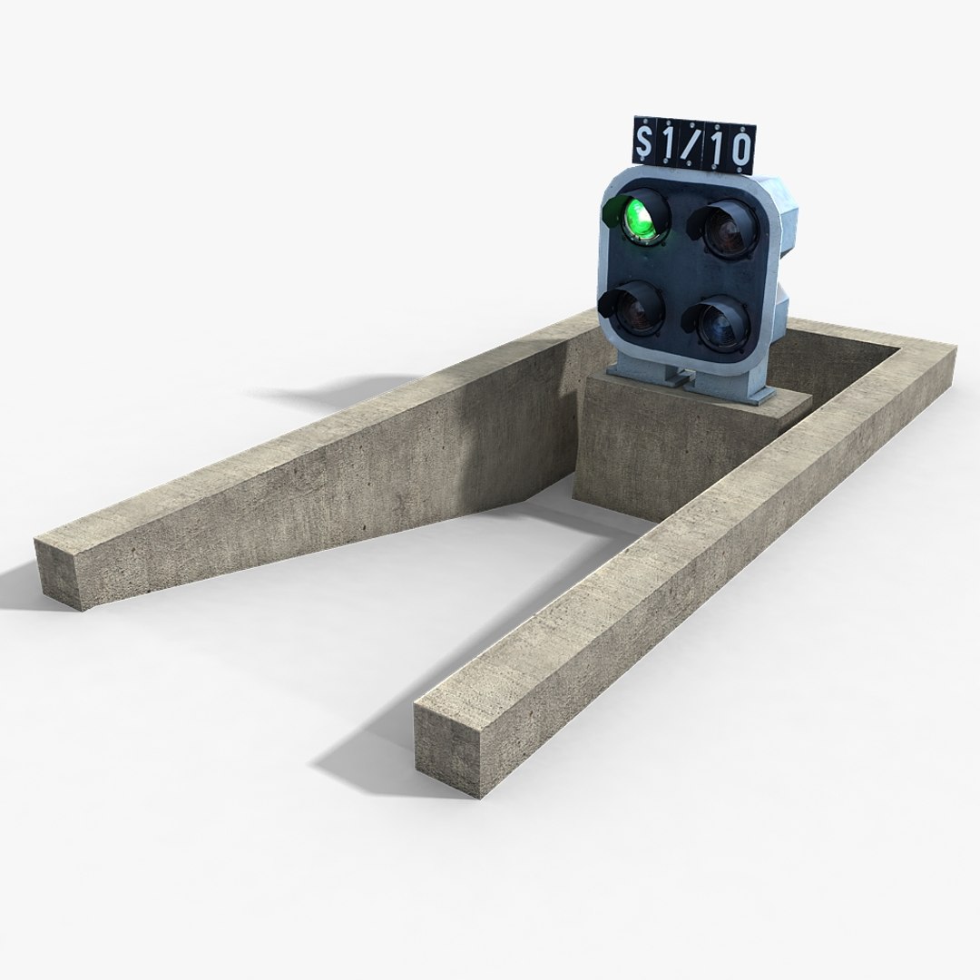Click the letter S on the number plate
click(646, 143)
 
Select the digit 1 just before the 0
click(717, 149)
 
